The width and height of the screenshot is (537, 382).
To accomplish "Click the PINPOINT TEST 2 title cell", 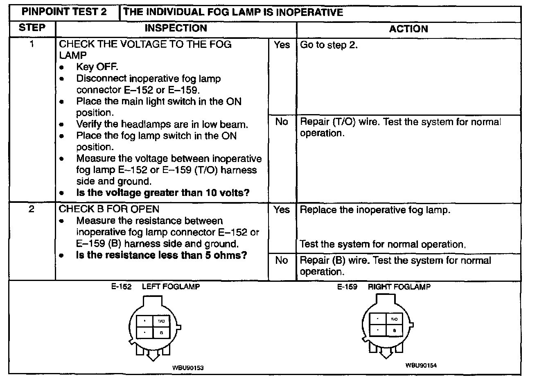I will click(64, 12).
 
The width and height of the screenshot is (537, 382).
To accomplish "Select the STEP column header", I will click(32, 28).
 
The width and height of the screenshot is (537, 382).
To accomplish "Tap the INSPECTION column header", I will click(176, 28).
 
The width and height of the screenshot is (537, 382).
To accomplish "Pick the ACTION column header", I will click(408, 29).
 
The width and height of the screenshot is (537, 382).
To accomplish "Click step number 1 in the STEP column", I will click(32, 44).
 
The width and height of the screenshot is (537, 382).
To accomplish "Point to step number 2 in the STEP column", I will click(32, 209).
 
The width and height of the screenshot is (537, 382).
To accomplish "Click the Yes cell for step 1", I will click(282, 45).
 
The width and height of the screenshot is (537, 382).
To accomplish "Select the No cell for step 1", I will click(282, 122).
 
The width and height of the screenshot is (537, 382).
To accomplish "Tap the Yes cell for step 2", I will click(282, 210).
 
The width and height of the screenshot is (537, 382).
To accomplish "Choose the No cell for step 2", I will click(282, 261).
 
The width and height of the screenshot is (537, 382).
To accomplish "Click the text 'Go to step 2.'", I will click(329, 45).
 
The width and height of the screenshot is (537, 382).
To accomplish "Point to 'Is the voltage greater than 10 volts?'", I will click(163, 193).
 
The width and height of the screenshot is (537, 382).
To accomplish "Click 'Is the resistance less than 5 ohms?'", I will click(162, 256).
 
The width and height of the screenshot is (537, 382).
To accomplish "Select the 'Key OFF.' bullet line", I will click(97, 67).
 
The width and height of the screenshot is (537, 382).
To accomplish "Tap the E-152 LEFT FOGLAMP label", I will click(156, 287).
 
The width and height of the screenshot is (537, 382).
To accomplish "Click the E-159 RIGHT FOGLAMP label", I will click(384, 287).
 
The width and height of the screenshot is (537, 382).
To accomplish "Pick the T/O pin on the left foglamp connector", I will click(161, 321).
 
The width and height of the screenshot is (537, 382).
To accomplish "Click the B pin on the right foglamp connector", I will click(394, 330).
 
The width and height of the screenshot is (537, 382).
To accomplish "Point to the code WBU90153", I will click(188, 368).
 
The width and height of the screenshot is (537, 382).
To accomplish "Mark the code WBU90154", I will click(421, 366).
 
